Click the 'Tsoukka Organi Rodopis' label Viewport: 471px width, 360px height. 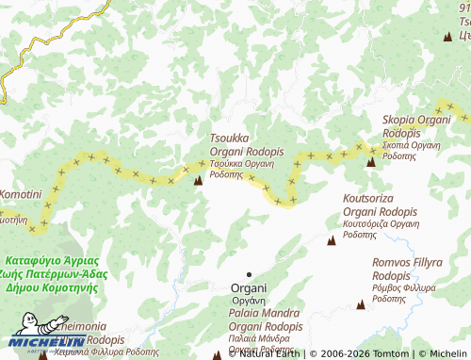pos(246,145)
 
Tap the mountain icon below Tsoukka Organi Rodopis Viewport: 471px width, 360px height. pos(198,180)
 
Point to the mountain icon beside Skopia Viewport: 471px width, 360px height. pos(370,161)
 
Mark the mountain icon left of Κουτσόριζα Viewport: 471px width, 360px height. pos(331,241)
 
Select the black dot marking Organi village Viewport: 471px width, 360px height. pos(249,274)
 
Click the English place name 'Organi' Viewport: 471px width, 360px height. pos(250,287)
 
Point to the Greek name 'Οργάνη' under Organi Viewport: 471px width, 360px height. pos(250,300)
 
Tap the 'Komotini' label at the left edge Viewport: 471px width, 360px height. pos(19,194)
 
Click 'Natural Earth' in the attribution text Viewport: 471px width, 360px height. pos(270,353)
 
